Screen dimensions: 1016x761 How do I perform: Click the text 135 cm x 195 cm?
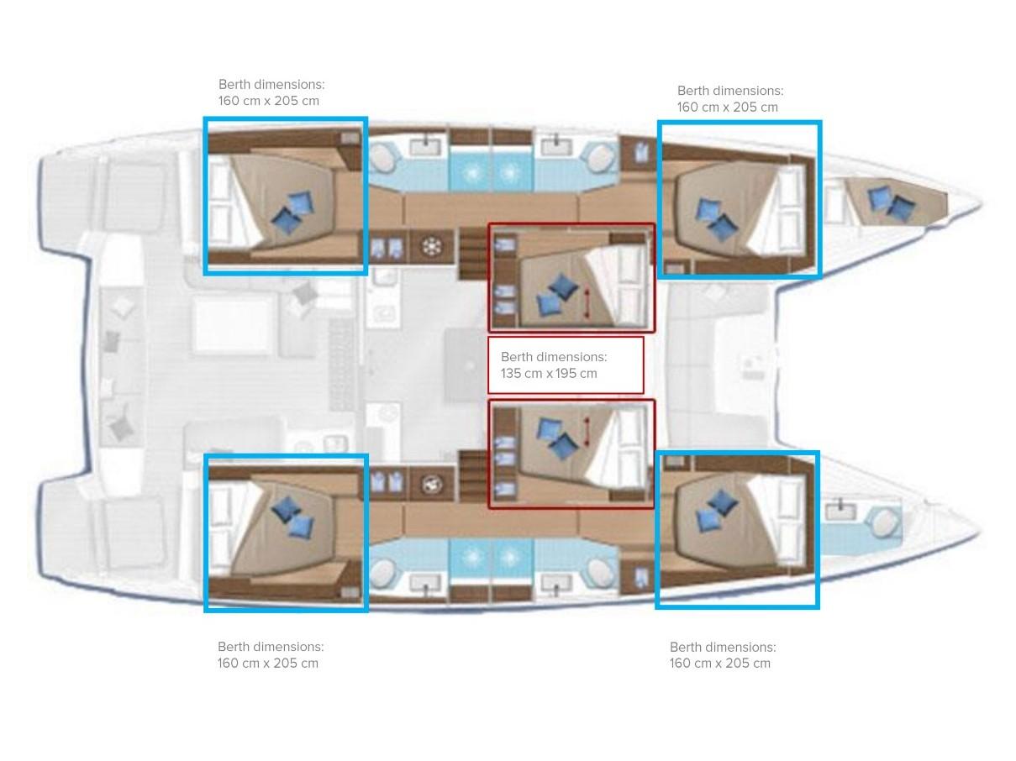(549, 373)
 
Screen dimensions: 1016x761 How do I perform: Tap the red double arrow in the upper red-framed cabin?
(587, 303)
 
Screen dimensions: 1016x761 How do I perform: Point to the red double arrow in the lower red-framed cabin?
(587, 432)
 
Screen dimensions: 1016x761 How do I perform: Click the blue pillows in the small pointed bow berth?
(891, 202)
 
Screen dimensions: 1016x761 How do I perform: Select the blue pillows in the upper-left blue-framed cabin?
(292, 213)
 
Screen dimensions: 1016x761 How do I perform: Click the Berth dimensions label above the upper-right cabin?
(730, 91)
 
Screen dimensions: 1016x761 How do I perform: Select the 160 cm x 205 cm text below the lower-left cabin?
(268, 663)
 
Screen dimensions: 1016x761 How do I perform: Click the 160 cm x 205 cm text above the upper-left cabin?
(268, 101)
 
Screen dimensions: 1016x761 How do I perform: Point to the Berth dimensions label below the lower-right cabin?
(723, 647)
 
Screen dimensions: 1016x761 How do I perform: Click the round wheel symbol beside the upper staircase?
(432, 247)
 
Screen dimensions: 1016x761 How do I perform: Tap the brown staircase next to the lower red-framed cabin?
(473, 475)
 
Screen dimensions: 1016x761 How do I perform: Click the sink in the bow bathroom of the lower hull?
(841, 512)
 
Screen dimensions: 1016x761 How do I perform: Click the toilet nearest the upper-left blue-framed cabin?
(384, 160)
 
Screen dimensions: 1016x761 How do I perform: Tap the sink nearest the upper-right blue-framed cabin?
(556, 146)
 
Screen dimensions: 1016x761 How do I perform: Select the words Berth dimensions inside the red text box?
(554, 357)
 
